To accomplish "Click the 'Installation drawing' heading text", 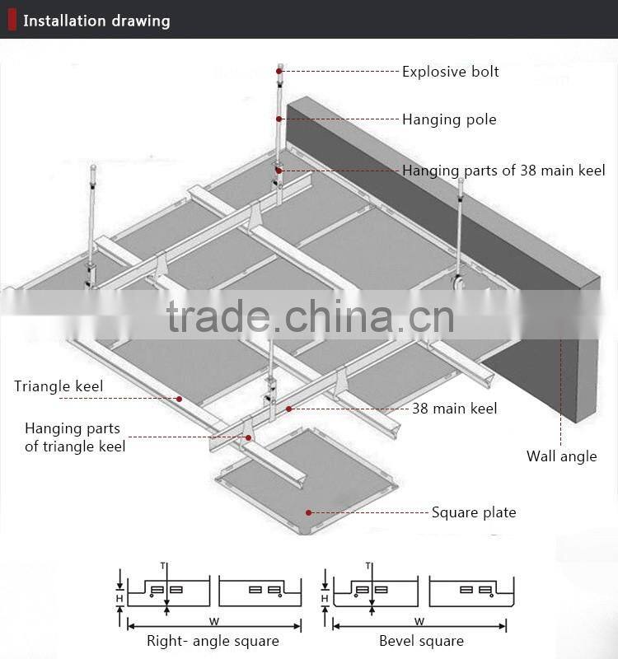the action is point(96,21).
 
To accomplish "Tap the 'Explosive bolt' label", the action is point(450,72).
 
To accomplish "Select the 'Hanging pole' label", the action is point(449,119).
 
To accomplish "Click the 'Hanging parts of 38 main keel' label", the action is point(503,171).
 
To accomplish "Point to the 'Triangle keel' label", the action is point(59,386).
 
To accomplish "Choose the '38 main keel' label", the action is point(455,408).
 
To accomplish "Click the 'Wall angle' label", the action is point(562,456).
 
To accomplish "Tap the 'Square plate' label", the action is point(474,512).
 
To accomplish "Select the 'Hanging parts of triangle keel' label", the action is point(75,437).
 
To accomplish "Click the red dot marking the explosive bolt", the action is point(279,72).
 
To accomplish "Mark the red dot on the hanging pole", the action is point(279,119).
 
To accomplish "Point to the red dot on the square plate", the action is point(308,512).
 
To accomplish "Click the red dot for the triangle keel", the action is point(179,399).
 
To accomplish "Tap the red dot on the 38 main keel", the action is point(289,409).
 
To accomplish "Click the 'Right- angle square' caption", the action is point(213,642).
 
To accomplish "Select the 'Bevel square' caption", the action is point(421,642).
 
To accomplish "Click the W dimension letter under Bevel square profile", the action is point(419,621).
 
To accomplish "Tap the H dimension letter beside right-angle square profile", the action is point(119,598).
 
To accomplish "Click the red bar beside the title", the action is point(12,20).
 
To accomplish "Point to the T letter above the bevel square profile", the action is point(368,566).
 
